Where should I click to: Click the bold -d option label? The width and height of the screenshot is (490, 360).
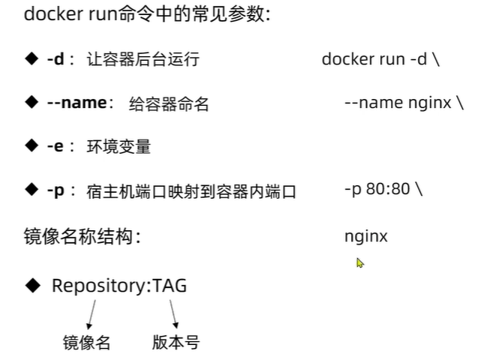click(x=56, y=58)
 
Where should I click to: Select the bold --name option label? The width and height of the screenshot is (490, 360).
click(x=77, y=103)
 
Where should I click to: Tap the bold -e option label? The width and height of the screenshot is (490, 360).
click(x=56, y=146)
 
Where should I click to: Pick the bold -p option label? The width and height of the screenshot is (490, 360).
click(x=56, y=190)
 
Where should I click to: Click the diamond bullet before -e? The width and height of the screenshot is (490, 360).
click(x=32, y=145)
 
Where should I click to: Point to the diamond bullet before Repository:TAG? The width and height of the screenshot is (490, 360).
click(x=33, y=285)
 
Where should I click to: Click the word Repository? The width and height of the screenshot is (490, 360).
click(x=99, y=286)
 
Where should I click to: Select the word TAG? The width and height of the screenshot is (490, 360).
click(x=170, y=286)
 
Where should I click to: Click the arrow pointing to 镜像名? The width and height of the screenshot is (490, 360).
click(x=92, y=314)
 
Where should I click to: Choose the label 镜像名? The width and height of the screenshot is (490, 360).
click(x=86, y=342)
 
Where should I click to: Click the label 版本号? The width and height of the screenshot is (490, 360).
click(x=176, y=342)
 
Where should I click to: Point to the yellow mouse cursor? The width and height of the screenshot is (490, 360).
click(x=359, y=262)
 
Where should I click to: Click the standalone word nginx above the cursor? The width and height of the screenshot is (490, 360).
click(x=366, y=237)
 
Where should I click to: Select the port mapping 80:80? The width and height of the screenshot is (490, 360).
click(x=388, y=189)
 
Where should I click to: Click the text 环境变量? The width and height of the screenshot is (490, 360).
click(x=119, y=146)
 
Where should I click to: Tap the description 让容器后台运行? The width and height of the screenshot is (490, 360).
click(x=143, y=59)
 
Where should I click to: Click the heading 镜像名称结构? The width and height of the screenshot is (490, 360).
click(x=82, y=236)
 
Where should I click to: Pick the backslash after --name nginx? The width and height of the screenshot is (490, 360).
click(x=460, y=103)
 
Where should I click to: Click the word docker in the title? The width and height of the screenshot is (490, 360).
click(x=53, y=14)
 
